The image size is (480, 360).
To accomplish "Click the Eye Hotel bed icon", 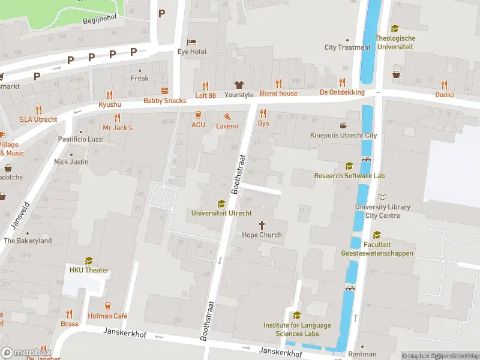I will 191,42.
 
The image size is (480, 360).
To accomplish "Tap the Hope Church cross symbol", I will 262,224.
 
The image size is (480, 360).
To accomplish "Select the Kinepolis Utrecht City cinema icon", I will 343,125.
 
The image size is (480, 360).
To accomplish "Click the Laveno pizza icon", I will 227,116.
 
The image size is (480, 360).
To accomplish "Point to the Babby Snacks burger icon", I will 164,91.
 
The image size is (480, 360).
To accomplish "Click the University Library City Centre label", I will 382,211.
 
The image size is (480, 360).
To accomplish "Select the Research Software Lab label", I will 349,176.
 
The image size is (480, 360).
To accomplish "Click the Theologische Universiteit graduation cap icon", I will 395,28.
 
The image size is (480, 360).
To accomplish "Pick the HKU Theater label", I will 89,270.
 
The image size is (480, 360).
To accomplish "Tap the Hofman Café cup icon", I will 108,306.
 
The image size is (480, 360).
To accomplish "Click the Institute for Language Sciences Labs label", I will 297,329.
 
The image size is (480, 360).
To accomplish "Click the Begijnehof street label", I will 100,17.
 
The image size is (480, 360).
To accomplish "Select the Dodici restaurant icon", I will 444,85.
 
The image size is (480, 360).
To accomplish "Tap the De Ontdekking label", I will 342,92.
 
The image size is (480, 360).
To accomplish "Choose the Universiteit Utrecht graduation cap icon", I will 221,204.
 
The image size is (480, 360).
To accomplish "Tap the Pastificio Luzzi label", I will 81,139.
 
